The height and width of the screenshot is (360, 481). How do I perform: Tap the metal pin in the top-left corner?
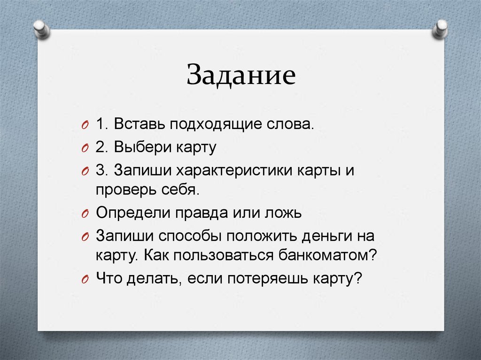(41, 30)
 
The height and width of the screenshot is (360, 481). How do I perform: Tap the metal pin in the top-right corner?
(441, 29)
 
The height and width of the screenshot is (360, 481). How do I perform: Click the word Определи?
(133, 213)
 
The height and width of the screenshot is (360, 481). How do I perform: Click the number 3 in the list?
(100, 170)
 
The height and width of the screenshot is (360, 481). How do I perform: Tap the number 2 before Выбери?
(100, 148)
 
